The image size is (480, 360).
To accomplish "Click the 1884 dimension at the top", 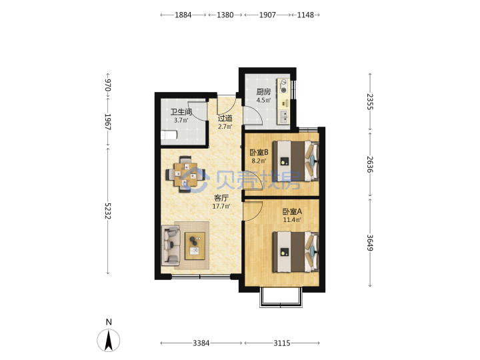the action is (183, 15).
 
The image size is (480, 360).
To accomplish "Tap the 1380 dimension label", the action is (225, 15).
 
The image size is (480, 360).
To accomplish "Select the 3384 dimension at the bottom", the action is (201, 343).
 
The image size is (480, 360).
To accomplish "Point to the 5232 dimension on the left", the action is (108, 211).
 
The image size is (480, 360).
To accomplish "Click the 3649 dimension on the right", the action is (370, 243).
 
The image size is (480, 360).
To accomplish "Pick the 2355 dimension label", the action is (370, 101).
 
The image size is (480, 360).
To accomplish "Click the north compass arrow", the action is (109, 340).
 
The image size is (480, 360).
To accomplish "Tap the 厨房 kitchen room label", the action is (263, 92).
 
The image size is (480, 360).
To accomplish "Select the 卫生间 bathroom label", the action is (181, 112).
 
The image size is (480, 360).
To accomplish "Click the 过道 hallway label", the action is (225, 118).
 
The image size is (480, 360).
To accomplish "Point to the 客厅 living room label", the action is (221, 198).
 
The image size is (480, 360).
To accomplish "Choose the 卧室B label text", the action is (259, 152).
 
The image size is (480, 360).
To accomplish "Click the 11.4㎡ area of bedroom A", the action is (292, 220).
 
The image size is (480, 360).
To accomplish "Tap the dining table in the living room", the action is (185, 175).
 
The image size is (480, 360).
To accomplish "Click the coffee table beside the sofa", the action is (195, 246).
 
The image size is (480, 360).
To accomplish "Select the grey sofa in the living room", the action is (171, 245).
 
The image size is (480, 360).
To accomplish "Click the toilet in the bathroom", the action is (169, 135).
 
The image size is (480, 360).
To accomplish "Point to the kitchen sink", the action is (284, 116).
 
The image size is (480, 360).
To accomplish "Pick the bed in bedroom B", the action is (296, 161).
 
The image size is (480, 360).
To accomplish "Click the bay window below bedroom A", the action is (281, 297).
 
